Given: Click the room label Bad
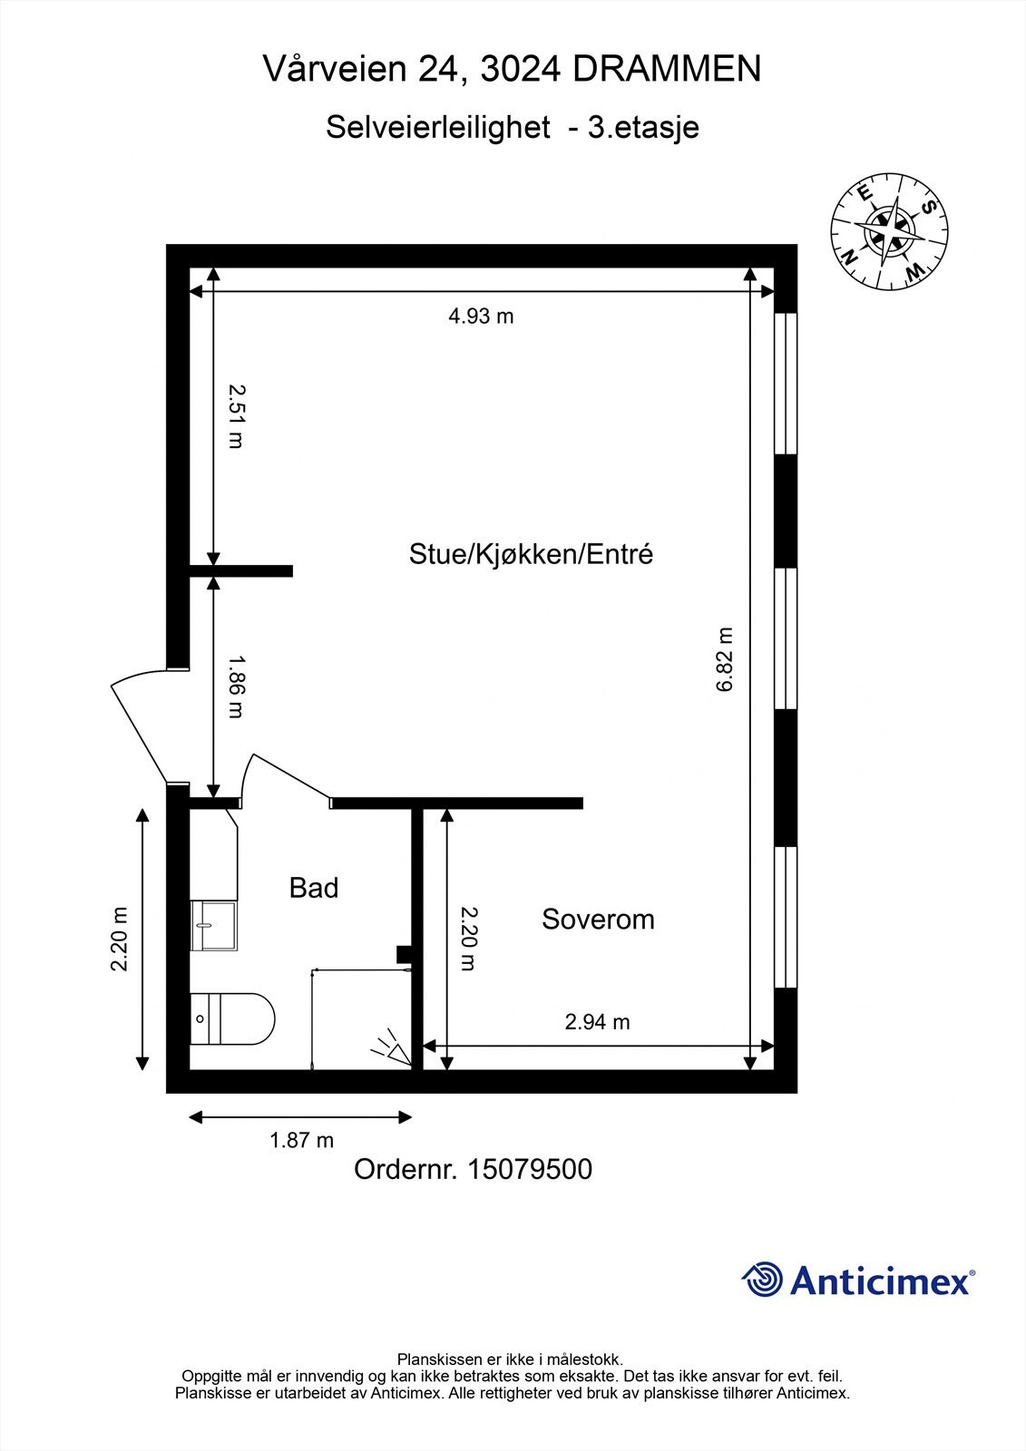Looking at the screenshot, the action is click(314, 888).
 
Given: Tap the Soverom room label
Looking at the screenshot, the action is click(598, 920).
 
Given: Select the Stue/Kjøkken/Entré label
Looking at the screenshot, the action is click(531, 554).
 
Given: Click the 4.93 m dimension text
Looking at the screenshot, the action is click(481, 316).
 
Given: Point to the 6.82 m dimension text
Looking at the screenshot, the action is click(725, 659).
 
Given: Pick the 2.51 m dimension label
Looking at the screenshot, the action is click(236, 416).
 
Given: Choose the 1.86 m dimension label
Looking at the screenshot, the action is click(236, 687).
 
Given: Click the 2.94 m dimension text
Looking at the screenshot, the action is click(597, 1021).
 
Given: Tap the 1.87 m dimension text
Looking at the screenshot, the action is click(301, 1139).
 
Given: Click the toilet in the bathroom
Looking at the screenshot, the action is click(232, 1019).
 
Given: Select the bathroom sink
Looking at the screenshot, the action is click(213, 925).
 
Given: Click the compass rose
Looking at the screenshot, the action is click(889, 231).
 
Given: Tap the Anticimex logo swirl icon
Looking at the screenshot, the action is click(762, 1279).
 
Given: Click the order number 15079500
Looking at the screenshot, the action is click(529, 1169).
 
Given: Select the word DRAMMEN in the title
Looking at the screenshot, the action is click(667, 69).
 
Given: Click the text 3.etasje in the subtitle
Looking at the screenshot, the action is click(643, 127).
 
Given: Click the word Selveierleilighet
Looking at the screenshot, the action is click(438, 127).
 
